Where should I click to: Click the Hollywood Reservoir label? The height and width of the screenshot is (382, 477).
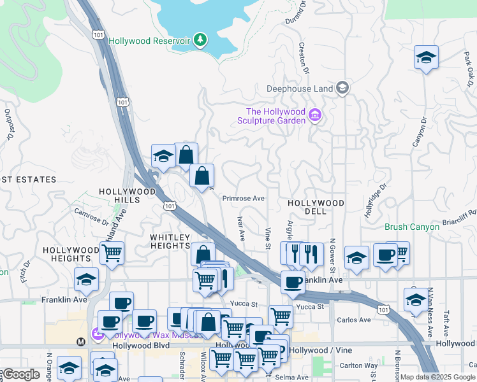coord(149,41)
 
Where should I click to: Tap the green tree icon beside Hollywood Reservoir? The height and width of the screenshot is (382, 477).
coord(201,40)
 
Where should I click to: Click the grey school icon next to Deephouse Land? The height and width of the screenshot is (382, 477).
coord(342,87)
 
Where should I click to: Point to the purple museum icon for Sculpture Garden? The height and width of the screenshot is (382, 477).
coord(314,115)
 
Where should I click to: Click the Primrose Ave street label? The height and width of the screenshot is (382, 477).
coord(243,198)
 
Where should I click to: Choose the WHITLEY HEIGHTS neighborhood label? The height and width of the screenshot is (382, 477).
coord(170,241)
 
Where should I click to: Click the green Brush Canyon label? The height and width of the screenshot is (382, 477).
coord(412,227)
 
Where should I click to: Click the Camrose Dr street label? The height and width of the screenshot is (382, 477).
coord(91,216)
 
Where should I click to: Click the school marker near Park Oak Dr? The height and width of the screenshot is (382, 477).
coord(426,57)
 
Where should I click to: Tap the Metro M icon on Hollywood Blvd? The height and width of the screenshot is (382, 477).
coord(81,342)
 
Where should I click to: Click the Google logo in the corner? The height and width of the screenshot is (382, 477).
coord(21,375)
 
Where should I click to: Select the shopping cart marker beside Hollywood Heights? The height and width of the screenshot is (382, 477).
coord(112,253)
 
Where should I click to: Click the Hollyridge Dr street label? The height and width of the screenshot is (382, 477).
coord(376,201)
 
